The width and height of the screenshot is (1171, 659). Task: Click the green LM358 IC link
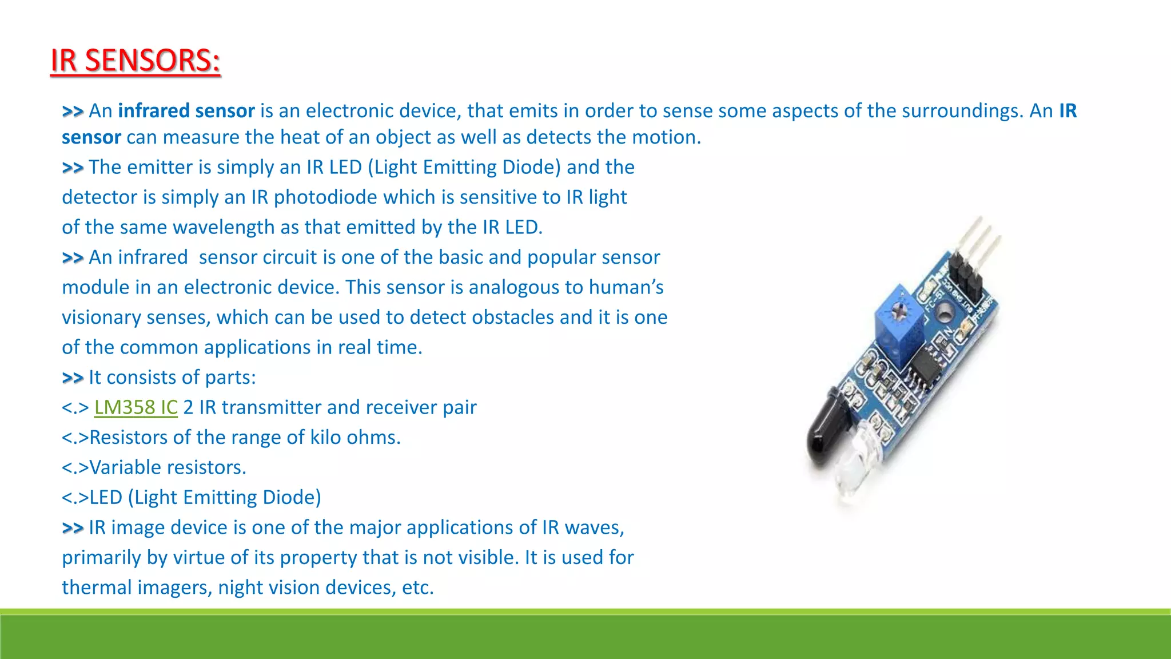click(x=136, y=407)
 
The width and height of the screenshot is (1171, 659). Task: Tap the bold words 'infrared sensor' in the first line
click(x=186, y=110)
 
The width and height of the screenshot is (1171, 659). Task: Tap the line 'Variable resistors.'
click(x=154, y=467)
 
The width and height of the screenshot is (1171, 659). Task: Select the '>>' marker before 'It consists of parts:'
click(x=73, y=378)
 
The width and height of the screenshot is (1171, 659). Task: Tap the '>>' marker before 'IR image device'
click(x=73, y=527)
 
